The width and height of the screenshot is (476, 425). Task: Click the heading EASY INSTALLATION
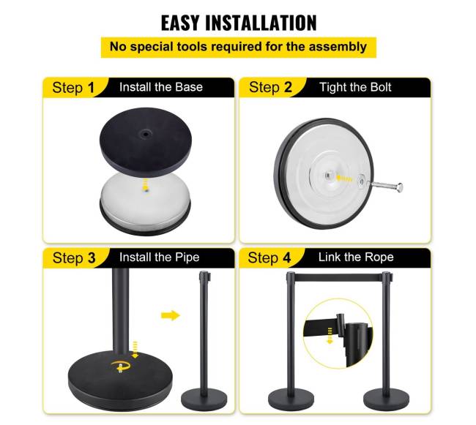tap(239, 23)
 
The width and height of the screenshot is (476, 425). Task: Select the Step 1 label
tap(73, 88)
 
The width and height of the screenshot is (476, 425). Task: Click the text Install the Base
tap(161, 87)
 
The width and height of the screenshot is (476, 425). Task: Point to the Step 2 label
tap(270, 87)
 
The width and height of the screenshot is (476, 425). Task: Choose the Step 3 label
tap(74, 258)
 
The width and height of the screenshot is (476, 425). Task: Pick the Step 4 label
tap(269, 258)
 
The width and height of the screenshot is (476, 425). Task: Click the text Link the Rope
tap(356, 257)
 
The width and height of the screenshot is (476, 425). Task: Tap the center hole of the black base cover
tap(146, 133)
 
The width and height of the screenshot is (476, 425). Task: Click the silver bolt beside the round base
tap(385, 186)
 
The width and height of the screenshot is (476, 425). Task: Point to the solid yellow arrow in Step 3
tap(171, 315)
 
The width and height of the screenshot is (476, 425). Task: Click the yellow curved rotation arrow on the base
tap(121, 366)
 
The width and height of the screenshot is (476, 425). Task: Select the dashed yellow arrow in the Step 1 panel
tap(146, 185)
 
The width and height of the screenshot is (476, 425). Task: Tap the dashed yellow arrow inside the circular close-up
tap(330, 336)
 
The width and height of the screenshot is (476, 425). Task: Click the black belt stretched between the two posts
tap(338, 277)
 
